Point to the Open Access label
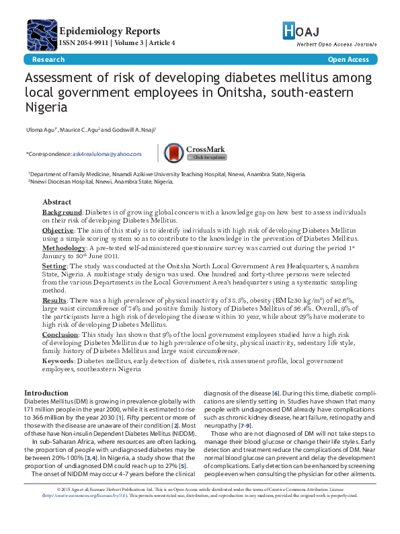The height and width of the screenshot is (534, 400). tap(348, 60)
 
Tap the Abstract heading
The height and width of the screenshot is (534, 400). tap(56, 202)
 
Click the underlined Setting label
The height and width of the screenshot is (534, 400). tap(54, 266)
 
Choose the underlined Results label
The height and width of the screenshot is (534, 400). tap(54, 299)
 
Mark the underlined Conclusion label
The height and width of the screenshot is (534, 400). tap(61, 334)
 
